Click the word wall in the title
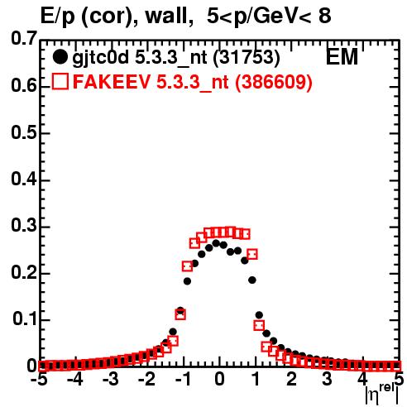[166, 16]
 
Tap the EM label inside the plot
[342, 57]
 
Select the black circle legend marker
[60, 57]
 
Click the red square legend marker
[60, 81]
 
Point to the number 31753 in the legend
[247, 57]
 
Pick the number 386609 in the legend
[274, 82]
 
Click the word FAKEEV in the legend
[112, 81]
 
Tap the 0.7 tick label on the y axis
[24, 38]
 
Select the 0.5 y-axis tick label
[24, 132]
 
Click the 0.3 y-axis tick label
[24, 226]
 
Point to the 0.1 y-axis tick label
[25, 319]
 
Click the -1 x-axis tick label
[183, 379]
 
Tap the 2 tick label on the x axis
[291, 379]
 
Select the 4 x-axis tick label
[363, 379]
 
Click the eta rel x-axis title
[382, 395]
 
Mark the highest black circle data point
[216, 243]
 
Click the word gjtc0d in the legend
[101, 58]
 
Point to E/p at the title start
[58, 17]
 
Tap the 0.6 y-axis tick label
[24, 85]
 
